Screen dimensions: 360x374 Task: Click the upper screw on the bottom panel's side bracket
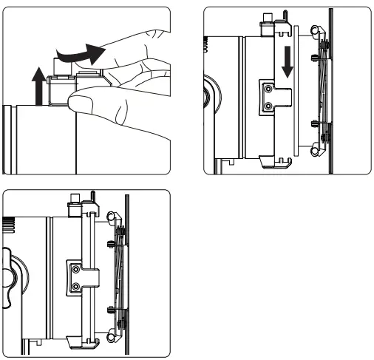[75, 268]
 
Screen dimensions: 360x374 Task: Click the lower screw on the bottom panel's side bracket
[75, 285]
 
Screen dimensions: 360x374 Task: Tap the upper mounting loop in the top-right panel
[316, 31]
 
